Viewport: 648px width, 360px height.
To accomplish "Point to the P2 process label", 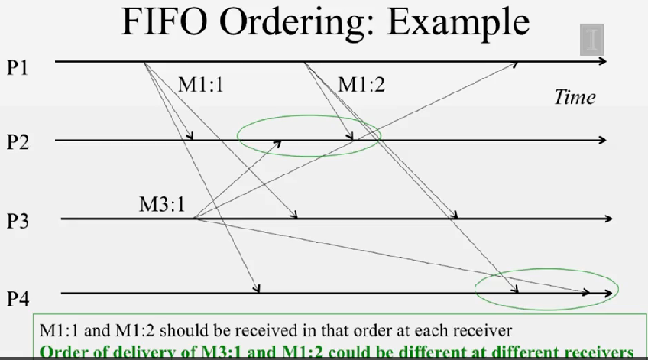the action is coord(18,142).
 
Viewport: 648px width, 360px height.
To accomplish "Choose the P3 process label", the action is coord(18,221).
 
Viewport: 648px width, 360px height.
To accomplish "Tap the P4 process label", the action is coord(18,297).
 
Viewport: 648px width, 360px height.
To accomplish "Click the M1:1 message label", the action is coord(201,84).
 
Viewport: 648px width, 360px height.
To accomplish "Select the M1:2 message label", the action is coord(361,84).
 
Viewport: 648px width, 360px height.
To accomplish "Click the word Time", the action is coord(574,97).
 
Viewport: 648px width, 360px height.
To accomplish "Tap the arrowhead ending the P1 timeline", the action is coord(603,60).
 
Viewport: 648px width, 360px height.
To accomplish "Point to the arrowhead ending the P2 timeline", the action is coord(603,140).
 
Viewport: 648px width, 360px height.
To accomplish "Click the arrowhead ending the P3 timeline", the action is coord(608,219).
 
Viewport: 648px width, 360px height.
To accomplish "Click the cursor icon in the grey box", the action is coord(592,38).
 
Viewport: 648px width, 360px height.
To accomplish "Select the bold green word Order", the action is coord(62,352).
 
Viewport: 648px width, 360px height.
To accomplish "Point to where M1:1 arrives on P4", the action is coord(259,290).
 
